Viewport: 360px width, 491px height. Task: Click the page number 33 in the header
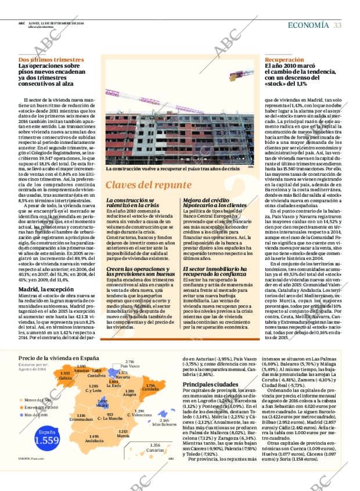click(x=337, y=24)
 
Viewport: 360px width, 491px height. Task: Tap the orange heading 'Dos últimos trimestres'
click(x=51, y=60)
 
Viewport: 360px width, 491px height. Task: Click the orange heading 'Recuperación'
click(x=284, y=60)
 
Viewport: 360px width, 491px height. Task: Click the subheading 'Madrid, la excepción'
click(x=46, y=289)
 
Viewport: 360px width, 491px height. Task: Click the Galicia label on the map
click(x=65, y=377)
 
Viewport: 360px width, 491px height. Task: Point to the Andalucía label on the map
click(x=94, y=441)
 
